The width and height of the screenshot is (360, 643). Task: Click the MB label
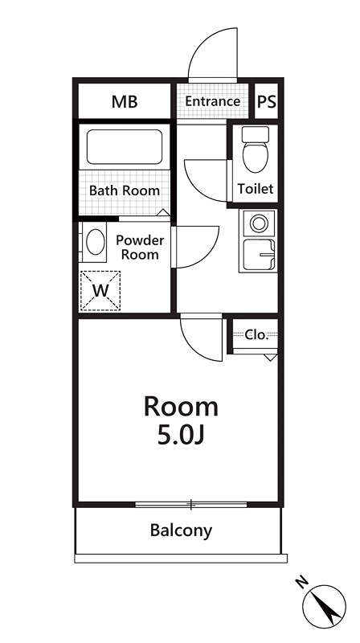pyautogui.click(x=125, y=102)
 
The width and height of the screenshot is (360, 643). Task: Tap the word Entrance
pyautogui.click(x=212, y=101)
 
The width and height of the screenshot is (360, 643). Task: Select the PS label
pyautogui.click(x=267, y=101)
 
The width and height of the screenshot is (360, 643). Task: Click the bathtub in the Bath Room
pyautogui.click(x=125, y=147)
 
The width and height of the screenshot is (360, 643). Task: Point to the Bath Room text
pyautogui.click(x=125, y=190)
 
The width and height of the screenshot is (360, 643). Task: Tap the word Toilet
pyautogui.click(x=255, y=189)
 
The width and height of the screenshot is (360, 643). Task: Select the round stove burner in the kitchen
pyautogui.click(x=259, y=224)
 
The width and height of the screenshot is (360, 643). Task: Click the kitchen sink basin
pyautogui.click(x=259, y=255)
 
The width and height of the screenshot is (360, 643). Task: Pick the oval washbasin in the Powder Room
pyautogui.click(x=95, y=242)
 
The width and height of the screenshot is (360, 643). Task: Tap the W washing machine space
pyautogui.click(x=100, y=291)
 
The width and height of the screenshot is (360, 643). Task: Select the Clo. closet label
pyautogui.click(x=256, y=335)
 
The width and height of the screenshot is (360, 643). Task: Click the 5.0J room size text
pyautogui.click(x=181, y=436)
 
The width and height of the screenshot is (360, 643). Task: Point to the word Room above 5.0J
pyautogui.click(x=181, y=408)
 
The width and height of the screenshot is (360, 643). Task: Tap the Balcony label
pyautogui.click(x=181, y=530)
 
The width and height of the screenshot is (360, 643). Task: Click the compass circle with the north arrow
pyautogui.click(x=324, y=607)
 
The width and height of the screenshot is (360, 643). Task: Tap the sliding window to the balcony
pyautogui.click(x=191, y=505)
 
